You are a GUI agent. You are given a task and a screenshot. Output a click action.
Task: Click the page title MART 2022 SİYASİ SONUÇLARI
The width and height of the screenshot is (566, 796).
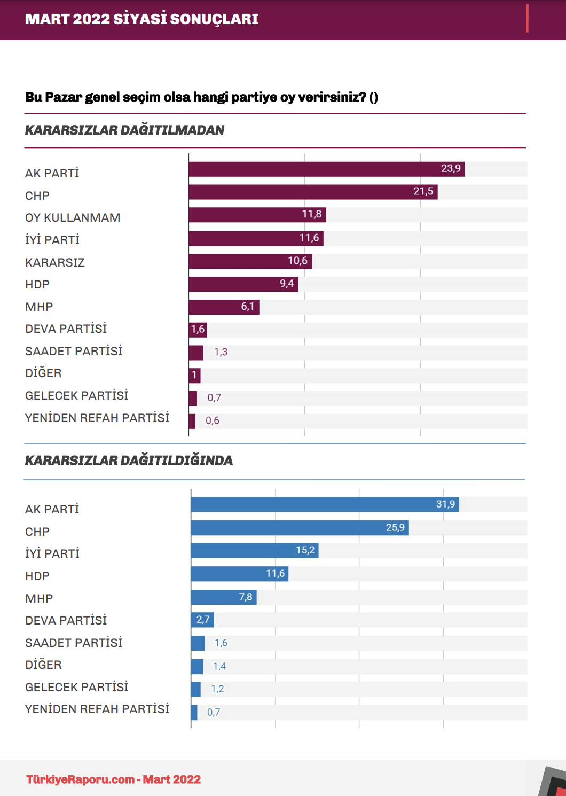(x=141, y=19)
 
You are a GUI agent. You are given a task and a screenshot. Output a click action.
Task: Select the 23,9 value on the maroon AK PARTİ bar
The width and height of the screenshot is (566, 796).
(x=451, y=169)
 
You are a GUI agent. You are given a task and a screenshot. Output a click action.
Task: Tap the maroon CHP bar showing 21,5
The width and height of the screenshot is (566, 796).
(x=313, y=192)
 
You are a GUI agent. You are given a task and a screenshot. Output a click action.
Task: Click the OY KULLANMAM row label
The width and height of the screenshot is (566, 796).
(x=73, y=218)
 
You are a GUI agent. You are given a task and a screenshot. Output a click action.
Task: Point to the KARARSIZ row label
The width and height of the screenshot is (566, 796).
(x=55, y=262)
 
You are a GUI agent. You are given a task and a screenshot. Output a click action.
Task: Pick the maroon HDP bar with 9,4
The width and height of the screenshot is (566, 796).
(x=243, y=284)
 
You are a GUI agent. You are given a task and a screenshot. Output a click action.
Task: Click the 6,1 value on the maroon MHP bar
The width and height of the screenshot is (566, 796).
(x=248, y=307)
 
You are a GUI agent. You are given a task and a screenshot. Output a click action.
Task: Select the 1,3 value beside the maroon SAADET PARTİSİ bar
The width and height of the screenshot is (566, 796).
(x=221, y=352)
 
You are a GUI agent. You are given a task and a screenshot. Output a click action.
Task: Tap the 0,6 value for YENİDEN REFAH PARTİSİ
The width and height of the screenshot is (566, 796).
(x=213, y=420)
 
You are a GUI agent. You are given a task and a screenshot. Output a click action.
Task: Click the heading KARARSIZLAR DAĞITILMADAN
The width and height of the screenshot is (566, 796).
(x=124, y=130)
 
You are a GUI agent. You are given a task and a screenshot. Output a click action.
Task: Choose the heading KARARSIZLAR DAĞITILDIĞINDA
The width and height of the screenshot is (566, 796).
(x=129, y=461)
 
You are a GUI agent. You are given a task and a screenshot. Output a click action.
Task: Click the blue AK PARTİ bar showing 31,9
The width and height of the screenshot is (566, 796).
(x=325, y=504)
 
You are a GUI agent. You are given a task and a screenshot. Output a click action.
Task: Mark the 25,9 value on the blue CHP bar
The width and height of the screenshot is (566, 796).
(x=395, y=528)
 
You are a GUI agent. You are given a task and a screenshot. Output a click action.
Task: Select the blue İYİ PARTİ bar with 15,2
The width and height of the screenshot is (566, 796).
(x=255, y=551)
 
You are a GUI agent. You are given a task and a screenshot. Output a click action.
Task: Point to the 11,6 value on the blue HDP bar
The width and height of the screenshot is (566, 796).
(x=276, y=574)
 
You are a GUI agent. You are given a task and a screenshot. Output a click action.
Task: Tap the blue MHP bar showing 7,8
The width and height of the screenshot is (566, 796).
(x=224, y=597)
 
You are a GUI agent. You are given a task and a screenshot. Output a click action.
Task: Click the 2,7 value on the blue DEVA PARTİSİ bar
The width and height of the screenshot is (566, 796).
(x=203, y=620)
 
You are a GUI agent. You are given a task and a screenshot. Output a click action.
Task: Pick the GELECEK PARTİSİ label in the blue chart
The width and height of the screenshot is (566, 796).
(x=77, y=687)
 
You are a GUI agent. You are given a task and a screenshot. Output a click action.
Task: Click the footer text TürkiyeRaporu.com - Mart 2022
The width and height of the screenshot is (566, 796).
(x=114, y=779)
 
